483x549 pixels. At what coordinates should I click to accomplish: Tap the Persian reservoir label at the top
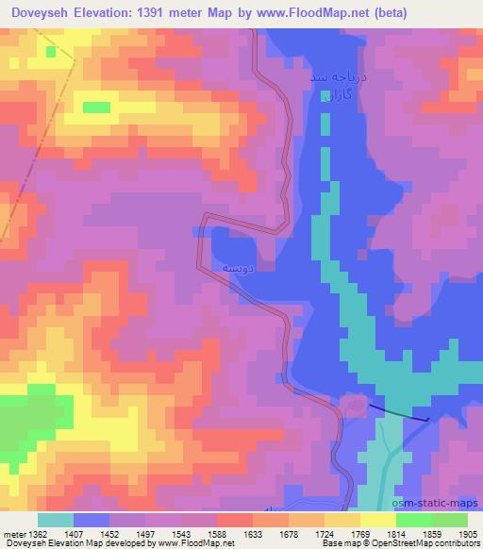click(336, 85)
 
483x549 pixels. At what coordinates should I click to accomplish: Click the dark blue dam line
click(396, 410)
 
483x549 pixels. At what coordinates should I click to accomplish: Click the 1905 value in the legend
click(466, 535)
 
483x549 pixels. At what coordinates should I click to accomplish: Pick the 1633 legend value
click(253, 535)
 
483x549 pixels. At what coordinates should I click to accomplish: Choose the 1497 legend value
click(146, 535)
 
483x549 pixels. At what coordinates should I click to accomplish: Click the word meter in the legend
click(13, 535)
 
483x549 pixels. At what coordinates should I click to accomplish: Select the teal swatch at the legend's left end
click(55, 520)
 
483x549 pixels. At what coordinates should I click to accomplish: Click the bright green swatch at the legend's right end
click(449, 520)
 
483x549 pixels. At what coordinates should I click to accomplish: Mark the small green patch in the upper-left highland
click(96, 107)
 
